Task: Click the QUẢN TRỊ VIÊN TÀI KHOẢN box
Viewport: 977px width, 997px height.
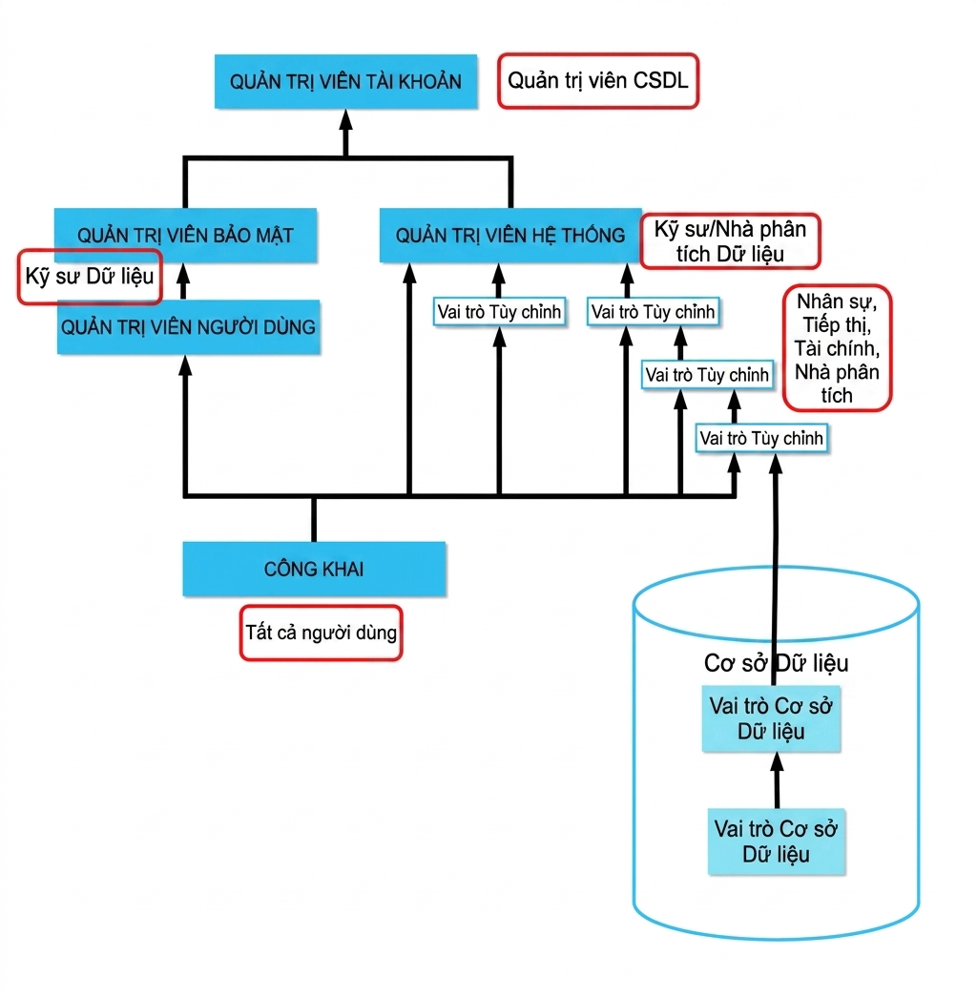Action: (345, 81)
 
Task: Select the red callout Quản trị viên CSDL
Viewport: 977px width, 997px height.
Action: (598, 81)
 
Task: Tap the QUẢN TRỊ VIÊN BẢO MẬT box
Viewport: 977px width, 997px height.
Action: (185, 236)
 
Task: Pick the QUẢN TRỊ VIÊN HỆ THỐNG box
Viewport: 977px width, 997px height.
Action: (510, 236)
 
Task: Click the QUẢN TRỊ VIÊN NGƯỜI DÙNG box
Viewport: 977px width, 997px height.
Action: (188, 327)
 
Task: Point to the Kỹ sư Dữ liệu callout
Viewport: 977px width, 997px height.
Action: (90, 277)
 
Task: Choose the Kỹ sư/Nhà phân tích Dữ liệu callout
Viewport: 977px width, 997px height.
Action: (730, 241)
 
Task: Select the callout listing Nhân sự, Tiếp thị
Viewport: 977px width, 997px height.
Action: (837, 348)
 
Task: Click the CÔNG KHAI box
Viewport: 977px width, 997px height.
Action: (314, 569)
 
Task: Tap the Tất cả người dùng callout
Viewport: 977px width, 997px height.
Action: (322, 633)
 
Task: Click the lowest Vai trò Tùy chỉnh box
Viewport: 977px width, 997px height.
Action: (761, 438)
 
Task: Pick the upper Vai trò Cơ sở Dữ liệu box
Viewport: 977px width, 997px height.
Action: (771, 718)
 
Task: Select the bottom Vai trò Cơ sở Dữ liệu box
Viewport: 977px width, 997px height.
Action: (776, 841)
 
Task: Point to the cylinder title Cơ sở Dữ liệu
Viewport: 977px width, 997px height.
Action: (776, 663)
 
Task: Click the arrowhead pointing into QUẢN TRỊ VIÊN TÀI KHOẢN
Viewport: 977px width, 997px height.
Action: (345, 120)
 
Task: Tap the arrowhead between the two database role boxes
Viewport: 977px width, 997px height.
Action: (777, 763)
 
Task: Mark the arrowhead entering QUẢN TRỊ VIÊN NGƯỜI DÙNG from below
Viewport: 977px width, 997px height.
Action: (185, 365)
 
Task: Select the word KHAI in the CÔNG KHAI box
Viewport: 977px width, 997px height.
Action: (343, 569)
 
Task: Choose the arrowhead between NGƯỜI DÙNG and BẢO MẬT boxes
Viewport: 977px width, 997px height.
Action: (183, 274)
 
